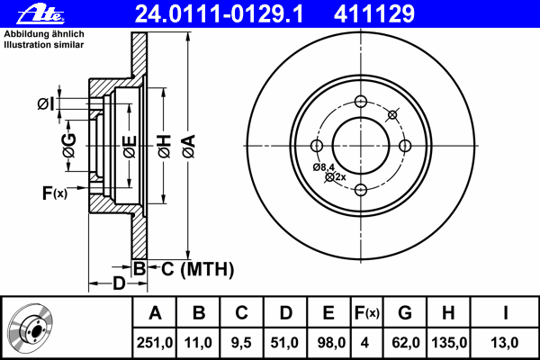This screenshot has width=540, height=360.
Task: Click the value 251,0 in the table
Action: [x=156, y=342]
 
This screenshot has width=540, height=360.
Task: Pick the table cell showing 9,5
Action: [x=241, y=342]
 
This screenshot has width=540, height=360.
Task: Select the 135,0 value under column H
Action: [x=447, y=342]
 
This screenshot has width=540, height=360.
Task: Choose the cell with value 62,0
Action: [x=404, y=342]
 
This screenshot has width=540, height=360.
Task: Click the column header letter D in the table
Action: [x=285, y=314]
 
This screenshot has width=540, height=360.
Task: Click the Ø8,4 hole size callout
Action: [x=324, y=167]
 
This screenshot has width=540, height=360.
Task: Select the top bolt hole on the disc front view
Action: [x=360, y=101]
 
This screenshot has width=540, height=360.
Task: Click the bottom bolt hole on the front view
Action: [x=360, y=189]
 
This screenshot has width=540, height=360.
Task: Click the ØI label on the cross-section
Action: [x=45, y=105]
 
